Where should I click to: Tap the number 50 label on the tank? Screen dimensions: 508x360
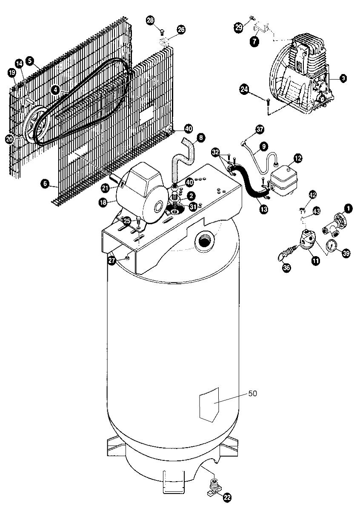[252, 394]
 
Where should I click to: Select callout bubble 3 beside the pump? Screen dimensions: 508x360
[343, 78]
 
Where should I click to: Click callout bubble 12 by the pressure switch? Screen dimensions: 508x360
[297, 158]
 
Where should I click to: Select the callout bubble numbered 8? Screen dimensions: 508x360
[200, 138]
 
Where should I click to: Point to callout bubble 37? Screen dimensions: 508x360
[260, 129]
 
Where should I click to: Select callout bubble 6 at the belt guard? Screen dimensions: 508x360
[44, 184]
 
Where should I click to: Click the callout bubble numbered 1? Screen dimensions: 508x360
[349, 208]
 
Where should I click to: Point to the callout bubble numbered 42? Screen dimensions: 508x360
[313, 195]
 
